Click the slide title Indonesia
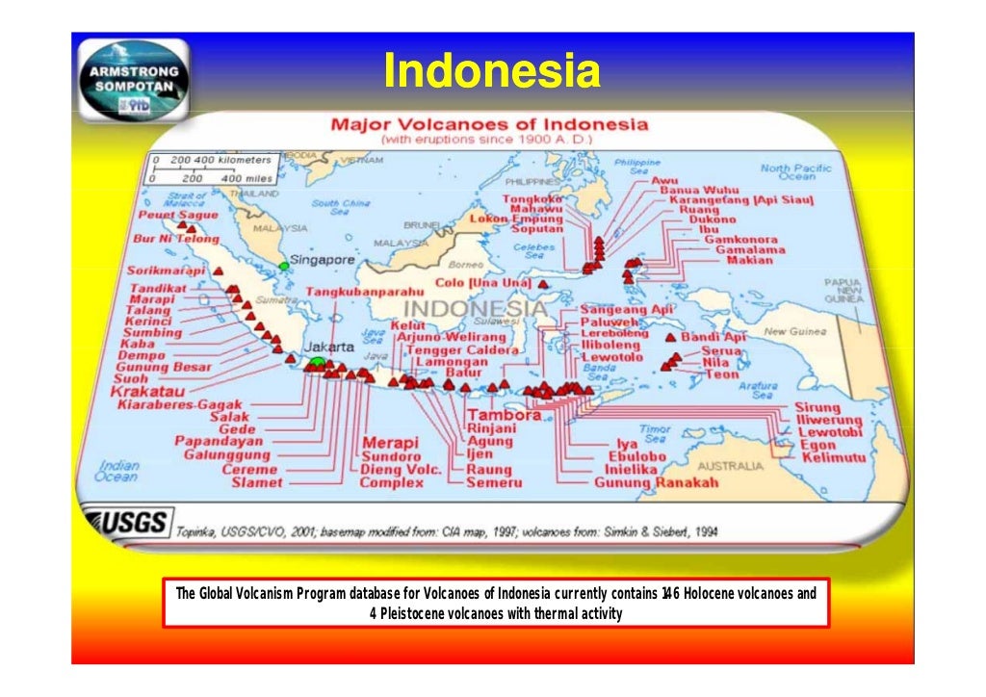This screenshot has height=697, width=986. [492, 70]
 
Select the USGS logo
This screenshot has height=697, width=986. [128, 525]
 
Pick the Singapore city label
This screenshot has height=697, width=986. [324, 261]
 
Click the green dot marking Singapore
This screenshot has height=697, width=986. [284, 265]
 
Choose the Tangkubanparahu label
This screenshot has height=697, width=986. [367, 291]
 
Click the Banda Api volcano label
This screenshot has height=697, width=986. [714, 337]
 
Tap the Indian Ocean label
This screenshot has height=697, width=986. [117, 470]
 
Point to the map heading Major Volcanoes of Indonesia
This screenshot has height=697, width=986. [489, 125]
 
